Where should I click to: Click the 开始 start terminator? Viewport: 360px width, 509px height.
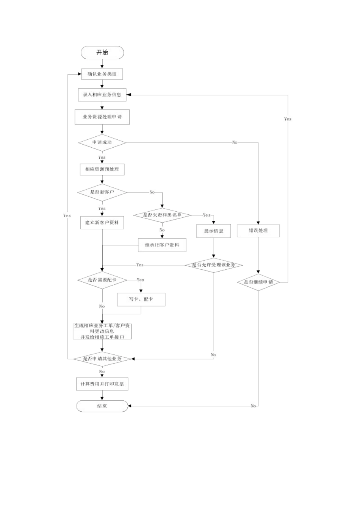click(x=102, y=53)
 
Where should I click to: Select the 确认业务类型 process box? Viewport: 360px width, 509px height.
click(x=102, y=74)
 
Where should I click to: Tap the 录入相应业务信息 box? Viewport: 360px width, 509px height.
click(x=102, y=95)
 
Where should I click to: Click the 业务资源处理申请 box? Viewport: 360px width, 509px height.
click(x=102, y=117)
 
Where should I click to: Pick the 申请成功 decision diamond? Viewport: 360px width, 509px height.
click(x=102, y=143)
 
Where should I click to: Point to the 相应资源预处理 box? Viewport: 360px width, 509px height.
click(x=102, y=169)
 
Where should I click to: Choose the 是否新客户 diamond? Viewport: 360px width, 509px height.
click(x=102, y=192)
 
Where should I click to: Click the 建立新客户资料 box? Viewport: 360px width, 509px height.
click(x=102, y=223)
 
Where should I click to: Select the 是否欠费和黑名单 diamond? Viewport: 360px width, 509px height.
click(x=162, y=215)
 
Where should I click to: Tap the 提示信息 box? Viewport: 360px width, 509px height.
click(x=214, y=231)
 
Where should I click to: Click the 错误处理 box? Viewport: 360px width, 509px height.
click(x=258, y=231)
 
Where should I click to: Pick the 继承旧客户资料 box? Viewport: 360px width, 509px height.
click(x=162, y=245)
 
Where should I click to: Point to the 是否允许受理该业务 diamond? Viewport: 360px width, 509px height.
click(x=214, y=265)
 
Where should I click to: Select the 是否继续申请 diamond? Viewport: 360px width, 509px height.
click(x=258, y=282)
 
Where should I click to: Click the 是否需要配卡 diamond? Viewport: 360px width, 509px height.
click(x=102, y=280)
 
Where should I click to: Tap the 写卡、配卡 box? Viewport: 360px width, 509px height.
click(x=141, y=300)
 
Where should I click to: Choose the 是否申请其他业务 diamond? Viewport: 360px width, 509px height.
click(x=102, y=359)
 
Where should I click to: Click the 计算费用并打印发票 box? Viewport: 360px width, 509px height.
click(x=102, y=384)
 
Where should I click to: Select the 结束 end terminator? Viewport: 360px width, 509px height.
click(x=102, y=406)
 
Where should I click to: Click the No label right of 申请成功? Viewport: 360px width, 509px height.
click(x=235, y=143)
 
